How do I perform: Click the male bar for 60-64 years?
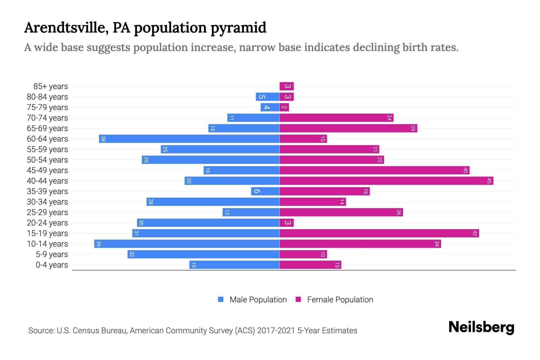point(189,139)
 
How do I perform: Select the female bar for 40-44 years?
point(386,181)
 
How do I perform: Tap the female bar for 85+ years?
point(286,86)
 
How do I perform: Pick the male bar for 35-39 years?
point(265,191)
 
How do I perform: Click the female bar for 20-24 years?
point(286,223)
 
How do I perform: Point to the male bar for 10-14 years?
point(187,244)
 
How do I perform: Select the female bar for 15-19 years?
point(379,233)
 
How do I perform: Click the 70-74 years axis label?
point(47,118)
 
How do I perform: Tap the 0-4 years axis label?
point(52,265)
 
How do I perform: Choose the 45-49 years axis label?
point(47,170)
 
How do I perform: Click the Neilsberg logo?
point(481,327)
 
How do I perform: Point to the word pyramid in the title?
point(238,28)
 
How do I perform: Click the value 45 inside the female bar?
point(489,181)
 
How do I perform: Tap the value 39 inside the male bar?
point(99,244)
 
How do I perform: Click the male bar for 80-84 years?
point(268,97)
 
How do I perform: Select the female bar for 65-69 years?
point(348,128)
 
